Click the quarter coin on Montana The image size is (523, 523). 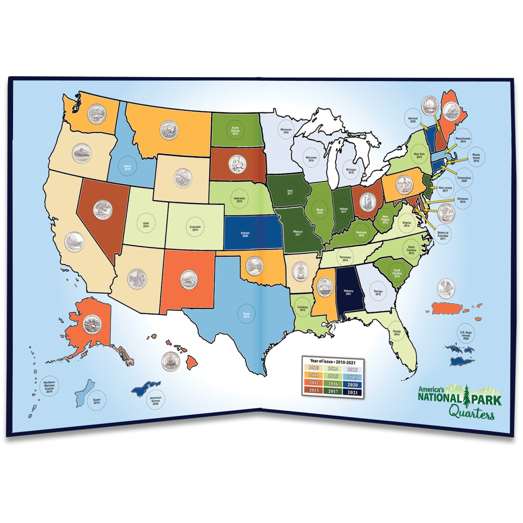pos(169,130)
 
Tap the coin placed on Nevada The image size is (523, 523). pos(103,210)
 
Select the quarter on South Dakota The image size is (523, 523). pos(237,164)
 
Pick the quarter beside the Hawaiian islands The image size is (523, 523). pos(170,361)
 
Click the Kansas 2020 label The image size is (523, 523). pos(245,234)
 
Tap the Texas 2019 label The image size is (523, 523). pos(246,315)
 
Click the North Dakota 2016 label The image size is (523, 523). pos(235,131)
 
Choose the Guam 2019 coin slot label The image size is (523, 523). pos(96,401)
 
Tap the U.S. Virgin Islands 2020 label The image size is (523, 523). pos(466,335)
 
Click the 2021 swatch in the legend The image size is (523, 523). pos(352,392)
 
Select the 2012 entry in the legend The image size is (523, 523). pos(314,383)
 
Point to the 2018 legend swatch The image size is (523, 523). pos(352,369)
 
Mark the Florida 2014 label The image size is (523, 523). pos(397,332)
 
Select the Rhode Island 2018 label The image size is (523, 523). pos(476,158)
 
